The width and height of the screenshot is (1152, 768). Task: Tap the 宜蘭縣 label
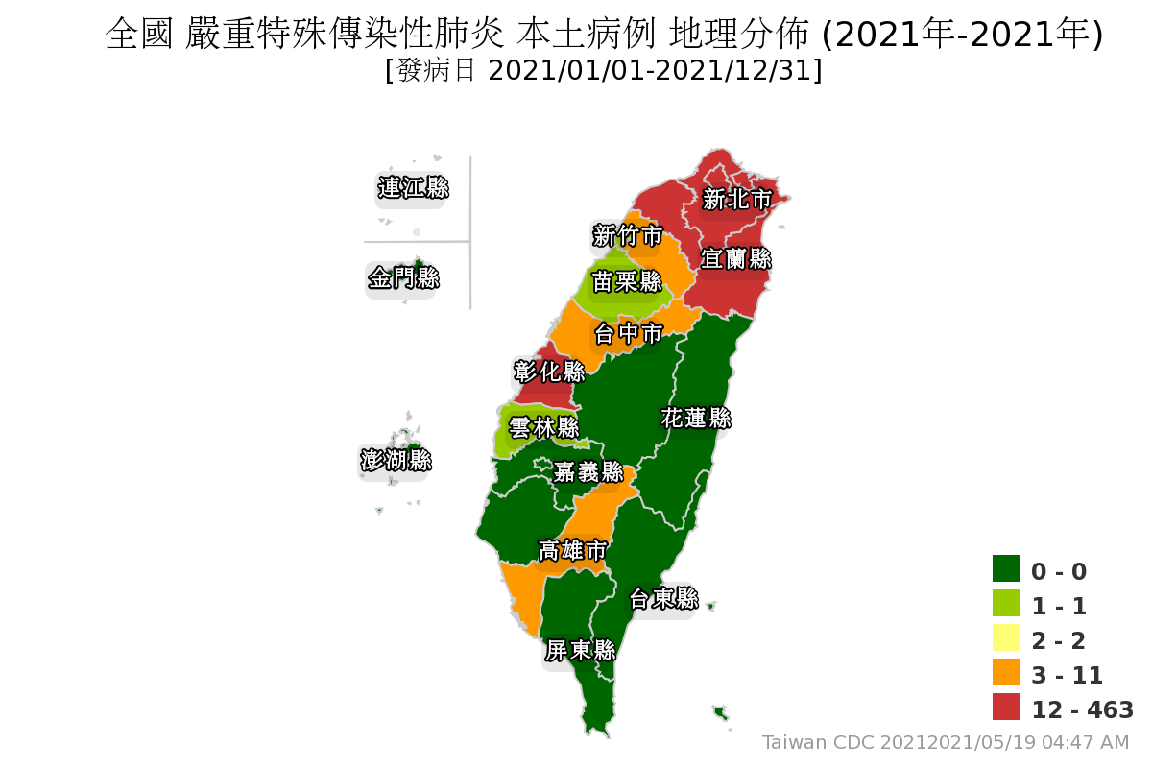point(736,258)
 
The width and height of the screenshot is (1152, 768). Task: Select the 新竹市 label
point(627,235)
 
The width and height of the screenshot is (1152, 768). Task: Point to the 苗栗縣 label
point(627,281)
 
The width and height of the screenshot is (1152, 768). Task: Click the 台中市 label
point(628,334)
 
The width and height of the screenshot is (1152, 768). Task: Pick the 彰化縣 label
point(549,371)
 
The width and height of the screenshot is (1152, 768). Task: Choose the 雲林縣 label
point(543,427)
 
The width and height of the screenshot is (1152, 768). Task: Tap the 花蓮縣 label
point(696,419)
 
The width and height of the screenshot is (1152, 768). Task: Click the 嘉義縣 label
point(588,472)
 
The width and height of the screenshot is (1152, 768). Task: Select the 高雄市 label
point(572,550)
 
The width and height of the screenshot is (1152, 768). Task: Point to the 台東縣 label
point(663,599)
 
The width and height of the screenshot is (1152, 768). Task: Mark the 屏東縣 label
point(580,650)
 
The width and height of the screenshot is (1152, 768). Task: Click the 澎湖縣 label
point(396,460)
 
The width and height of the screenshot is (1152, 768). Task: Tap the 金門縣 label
point(403,278)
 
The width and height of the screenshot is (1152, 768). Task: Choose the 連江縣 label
point(413,187)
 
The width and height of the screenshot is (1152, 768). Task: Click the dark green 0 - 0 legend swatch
point(1005,568)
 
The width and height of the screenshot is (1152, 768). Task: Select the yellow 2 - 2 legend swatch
point(1005,637)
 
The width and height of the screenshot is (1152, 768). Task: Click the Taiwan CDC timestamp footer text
point(946,742)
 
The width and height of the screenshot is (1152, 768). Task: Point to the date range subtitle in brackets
point(603,71)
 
